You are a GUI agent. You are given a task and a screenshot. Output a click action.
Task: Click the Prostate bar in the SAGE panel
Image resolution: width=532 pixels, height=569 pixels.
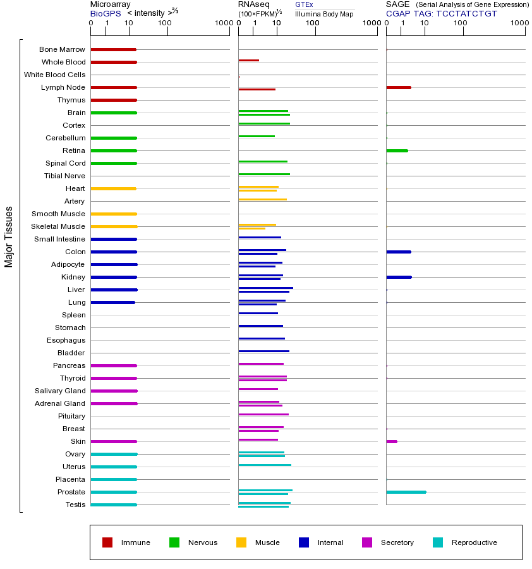[406, 492]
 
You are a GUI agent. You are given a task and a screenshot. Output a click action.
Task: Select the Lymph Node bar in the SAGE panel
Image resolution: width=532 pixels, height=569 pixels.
[398, 87]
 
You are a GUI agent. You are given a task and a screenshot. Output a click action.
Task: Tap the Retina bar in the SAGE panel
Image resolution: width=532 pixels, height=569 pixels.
[397, 150]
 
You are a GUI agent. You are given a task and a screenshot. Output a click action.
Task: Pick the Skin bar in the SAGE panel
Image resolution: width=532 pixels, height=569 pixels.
[392, 441]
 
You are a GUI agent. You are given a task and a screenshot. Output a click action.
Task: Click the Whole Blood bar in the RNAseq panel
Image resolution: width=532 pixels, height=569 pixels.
[248, 60]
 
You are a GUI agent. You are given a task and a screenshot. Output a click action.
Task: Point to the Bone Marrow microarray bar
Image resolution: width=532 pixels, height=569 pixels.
[113, 49]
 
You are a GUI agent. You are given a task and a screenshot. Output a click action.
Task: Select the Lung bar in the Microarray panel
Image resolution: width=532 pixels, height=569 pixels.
[112, 302]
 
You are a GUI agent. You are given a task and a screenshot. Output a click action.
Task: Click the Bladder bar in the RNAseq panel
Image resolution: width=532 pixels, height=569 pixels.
[263, 351]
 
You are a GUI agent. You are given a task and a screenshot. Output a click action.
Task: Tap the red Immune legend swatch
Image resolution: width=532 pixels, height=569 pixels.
[107, 542]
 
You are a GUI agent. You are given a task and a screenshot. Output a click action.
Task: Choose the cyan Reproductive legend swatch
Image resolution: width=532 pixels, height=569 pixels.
[438, 542]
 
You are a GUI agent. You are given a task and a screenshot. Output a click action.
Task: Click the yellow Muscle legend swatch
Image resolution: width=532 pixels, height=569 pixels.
[241, 542]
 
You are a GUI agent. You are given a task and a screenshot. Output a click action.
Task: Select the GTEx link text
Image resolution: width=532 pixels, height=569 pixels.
[304, 5]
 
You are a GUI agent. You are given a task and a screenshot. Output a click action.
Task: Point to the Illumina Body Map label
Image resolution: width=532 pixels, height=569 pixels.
[324, 14]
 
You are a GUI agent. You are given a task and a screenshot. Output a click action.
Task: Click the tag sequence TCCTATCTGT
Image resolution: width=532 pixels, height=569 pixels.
[466, 13]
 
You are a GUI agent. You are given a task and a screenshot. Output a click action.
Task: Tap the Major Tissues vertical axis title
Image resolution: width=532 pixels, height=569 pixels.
[9, 236]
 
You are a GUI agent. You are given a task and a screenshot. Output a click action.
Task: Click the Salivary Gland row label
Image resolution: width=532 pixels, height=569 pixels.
[61, 391]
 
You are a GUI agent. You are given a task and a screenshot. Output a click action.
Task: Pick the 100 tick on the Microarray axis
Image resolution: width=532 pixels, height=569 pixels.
[165, 23]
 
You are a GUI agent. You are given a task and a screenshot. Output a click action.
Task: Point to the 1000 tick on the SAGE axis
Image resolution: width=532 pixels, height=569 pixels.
[519, 23]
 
